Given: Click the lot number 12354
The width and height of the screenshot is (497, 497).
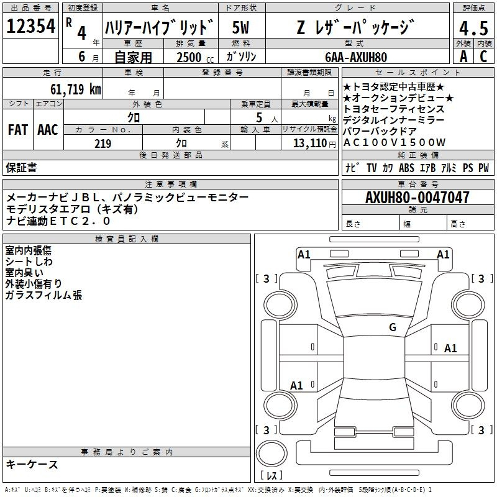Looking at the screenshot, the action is [x=30, y=26].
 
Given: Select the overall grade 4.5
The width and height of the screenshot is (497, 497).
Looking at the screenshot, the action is [x=473, y=28].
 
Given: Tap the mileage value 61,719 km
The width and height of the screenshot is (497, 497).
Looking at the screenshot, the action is [x=76, y=89].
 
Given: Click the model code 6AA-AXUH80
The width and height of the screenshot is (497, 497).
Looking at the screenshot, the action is [x=356, y=57].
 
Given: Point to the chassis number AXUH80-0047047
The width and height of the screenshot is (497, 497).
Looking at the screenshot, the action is [x=417, y=197].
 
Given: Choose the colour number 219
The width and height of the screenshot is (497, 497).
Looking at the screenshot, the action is [x=103, y=144].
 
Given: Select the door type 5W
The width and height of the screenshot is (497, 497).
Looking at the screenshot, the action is [x=240, y=27].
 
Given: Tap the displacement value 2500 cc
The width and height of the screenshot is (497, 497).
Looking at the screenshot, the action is [x=195, y=57].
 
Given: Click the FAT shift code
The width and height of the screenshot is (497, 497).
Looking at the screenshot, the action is [x=18, y=130].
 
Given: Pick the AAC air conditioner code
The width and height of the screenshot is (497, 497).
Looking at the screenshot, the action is [x=48, y=130].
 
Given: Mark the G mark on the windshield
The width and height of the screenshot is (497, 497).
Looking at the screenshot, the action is [x=393, y=327].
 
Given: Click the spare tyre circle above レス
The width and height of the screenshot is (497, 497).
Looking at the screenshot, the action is [x=271, y=454].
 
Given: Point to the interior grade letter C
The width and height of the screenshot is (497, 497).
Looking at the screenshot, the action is [x=483, y=57].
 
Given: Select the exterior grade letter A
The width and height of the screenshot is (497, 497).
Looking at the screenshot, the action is [x=463, y=57].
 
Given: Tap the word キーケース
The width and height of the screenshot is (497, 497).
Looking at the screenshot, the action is [x=32, y=465].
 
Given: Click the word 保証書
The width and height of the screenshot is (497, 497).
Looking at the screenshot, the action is [x=21, y=167].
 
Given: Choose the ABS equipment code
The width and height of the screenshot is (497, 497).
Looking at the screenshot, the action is [x=407, y=168].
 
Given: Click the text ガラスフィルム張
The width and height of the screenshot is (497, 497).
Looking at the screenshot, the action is [x=43, y=295].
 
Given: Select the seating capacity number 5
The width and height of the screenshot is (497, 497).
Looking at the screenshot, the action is [x=259, y=117].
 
